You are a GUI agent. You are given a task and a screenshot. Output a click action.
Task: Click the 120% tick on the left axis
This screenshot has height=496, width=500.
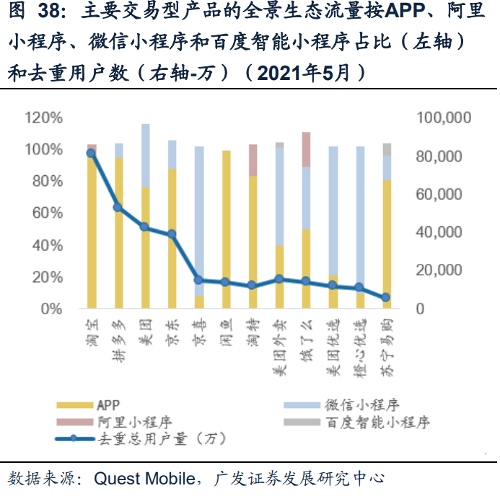pos(45,118)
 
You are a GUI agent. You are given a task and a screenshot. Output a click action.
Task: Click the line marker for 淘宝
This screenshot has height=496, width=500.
pos(91,153)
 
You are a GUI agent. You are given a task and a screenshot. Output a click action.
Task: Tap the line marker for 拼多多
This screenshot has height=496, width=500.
pos(118,208)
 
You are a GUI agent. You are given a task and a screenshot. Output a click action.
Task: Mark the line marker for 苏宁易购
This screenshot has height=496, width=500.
pos(386,297)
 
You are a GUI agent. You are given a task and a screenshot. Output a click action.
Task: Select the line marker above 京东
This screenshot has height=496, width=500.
pos(172,234)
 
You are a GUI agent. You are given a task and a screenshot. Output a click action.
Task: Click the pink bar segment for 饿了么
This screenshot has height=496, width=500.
pos(306,149)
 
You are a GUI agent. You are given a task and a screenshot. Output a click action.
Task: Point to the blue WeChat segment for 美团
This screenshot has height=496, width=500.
pos(145,155)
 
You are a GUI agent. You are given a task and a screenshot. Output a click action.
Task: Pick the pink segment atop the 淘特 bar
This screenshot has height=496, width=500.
pos(253,160)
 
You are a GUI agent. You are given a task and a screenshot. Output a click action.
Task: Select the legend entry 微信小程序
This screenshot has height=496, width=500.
pos(362,405)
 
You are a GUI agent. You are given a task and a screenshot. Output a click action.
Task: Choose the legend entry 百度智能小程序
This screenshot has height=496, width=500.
pos(377,422)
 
